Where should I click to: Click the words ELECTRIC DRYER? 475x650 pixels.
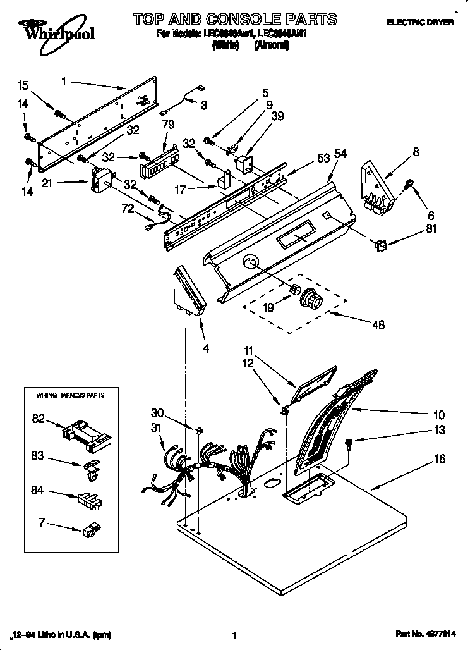[x=420, y=22]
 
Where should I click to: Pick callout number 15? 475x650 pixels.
[x=23, y=85]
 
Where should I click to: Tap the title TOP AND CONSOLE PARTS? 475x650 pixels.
[x=234, y=19]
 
